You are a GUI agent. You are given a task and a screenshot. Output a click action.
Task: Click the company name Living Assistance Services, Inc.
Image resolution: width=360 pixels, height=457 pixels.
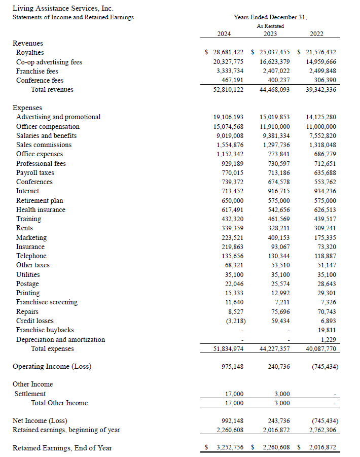(63, 8)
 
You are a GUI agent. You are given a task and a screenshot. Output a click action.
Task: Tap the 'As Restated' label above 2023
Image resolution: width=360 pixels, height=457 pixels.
(270, 26)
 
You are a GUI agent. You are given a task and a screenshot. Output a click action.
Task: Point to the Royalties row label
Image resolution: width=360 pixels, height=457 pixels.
(30, 52)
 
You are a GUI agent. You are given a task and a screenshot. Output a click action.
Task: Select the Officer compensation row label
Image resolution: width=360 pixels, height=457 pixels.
(48, 126)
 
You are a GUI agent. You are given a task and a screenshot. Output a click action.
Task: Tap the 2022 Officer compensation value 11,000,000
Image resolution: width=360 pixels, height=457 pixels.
(321, 126)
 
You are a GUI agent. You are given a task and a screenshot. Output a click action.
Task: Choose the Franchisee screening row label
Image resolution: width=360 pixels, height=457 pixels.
(47, 302)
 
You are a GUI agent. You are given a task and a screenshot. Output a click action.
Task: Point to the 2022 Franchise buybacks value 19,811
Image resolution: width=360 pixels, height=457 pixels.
(328, 330)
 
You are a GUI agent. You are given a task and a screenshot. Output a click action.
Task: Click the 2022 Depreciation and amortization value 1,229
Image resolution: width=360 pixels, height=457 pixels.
(329, 339)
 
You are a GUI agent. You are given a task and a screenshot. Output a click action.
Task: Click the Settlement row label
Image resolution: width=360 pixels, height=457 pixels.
(31, 394)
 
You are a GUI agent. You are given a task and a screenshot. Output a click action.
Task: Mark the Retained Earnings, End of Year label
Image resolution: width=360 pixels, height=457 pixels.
(62, 448)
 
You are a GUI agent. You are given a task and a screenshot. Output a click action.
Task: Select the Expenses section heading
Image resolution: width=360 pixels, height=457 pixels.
(27, 108)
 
